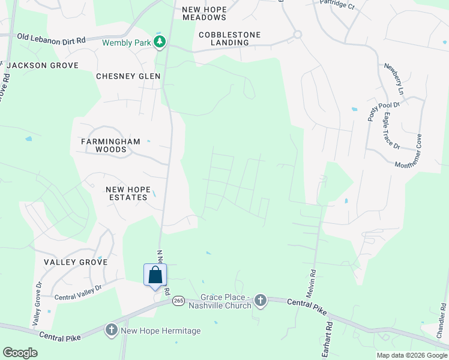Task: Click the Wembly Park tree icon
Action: coord(160,41)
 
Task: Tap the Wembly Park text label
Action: coord(127,43)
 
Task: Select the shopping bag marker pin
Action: coord(155,275)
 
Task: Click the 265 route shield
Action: coord(178,300)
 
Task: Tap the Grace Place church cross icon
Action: coord(260,299)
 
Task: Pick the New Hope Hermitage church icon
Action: coord(111,330)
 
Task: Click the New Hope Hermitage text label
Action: coord(161,331)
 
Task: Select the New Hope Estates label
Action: coord(127,193)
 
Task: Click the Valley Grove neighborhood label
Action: coord(76,262)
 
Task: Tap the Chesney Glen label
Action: coord(128,76)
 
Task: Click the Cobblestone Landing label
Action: coord(230,38)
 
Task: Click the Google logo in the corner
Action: coord(20,353)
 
